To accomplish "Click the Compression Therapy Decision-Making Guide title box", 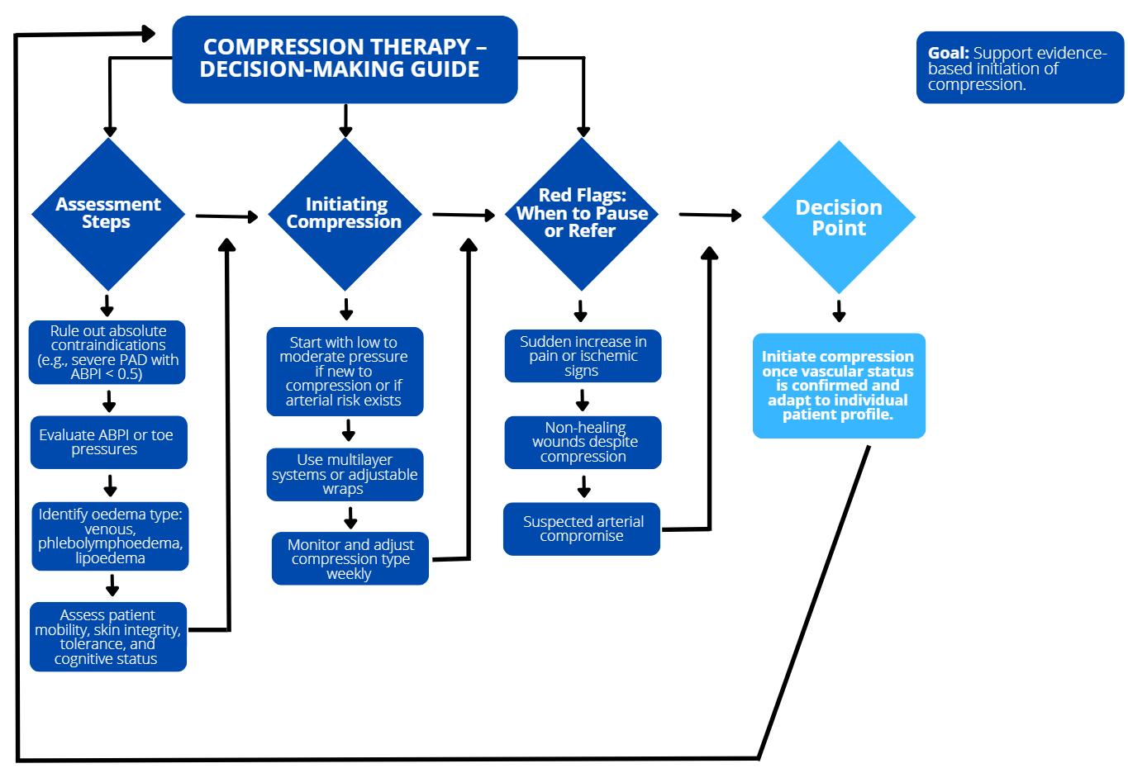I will [345, 59].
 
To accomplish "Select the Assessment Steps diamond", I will [108, 213].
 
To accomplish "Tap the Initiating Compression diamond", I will [345, 213].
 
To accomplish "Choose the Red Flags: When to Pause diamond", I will [583, 213].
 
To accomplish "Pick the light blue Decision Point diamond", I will [839, 217].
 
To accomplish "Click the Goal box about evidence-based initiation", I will [1020, 69].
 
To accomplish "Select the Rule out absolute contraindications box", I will [107, 353].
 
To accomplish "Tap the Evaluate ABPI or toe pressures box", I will [107, 443].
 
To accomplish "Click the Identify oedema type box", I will [111, 536].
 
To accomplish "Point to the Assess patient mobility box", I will [107, 637].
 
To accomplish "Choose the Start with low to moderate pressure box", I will [345, 372].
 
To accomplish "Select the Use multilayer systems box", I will [345, 474].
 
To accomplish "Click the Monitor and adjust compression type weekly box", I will [350, 559].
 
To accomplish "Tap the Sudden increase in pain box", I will [583, 356].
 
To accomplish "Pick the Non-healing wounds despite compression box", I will [583, 442].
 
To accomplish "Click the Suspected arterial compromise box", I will [582, 529].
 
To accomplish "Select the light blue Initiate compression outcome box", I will [839, 386].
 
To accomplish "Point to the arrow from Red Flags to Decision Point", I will [710, 215].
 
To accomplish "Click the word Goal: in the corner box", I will [948, 54].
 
